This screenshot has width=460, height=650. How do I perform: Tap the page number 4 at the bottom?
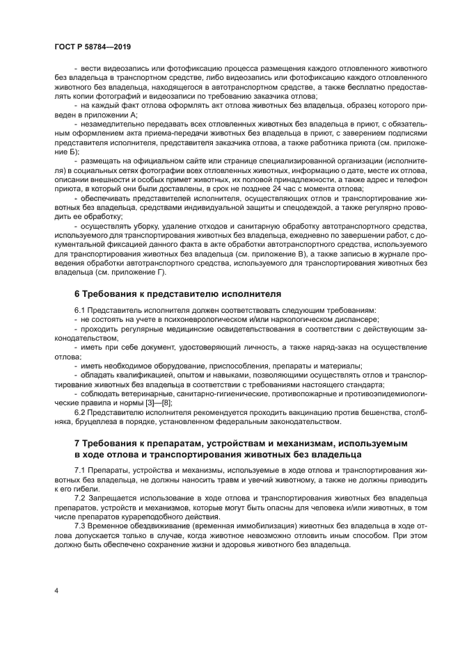click(x=57, y=590)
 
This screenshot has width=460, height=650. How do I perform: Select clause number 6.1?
click(x=80, y=309)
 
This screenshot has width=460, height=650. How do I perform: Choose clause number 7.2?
click(x=80, y=499)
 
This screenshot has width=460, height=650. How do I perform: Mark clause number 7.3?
click(x=80, y=526)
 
